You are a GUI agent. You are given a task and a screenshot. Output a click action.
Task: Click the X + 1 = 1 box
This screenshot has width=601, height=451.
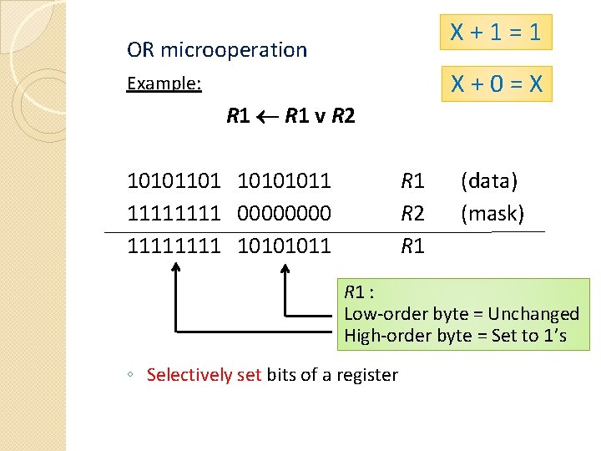click(496, 33)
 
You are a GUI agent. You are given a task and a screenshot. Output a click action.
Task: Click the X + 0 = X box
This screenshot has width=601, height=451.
click(496, 84)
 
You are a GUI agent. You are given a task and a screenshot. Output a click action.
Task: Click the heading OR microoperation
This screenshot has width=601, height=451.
click(217, 50)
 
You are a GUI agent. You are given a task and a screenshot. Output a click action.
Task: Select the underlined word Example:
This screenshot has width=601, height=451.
click(164, 84)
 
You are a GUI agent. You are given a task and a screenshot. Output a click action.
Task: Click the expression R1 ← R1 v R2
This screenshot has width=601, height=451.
click(290, 116)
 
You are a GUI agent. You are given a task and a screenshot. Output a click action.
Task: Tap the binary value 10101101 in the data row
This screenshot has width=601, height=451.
click(174, 180)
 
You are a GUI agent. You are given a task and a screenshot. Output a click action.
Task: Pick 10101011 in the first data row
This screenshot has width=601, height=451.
click(285, 180)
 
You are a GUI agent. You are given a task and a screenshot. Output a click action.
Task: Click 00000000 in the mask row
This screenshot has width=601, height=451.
click(285, 214)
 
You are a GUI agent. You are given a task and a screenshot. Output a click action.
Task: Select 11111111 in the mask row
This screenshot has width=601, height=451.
click(174, 214)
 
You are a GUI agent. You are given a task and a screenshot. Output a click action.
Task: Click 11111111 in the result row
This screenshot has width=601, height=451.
click(174, 246)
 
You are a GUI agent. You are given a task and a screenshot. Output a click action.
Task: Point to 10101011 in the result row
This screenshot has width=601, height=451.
click(285, 246)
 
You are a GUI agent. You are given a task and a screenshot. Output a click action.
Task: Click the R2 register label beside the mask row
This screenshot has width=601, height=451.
click(413, 214)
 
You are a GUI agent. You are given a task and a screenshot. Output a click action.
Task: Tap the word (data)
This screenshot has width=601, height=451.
click(489, 180)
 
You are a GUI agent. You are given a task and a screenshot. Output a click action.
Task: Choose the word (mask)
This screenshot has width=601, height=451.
click(492, 214)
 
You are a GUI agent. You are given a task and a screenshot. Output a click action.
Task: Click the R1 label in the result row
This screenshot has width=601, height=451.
click(413, 246)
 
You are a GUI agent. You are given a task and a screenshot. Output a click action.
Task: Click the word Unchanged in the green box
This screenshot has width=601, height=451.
click(533, 314)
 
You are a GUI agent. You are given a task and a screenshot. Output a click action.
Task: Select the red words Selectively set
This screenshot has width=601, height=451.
click(204, 375)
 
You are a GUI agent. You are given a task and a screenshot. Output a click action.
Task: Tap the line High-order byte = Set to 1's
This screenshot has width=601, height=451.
click(455, 336)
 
